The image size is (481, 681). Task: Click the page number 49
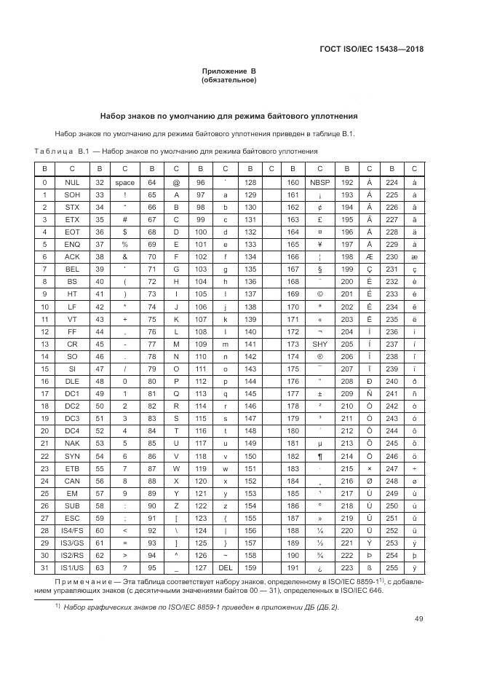pyautogui.click(x=419, y=619)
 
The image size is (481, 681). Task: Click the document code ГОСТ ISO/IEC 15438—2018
pyautogui.click(x=371, y=50)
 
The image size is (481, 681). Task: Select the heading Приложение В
pyautogui.click(x=229, y=71)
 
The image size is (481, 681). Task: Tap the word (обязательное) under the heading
pyautogui.click(x=229, y=80)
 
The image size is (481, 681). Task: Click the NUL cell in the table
pyautogui.click(x=72, y=182)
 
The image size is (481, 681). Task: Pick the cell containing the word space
pyautogui.click(x=125, y=182)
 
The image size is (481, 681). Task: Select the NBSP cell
pyautogui.click(x=319, y=182)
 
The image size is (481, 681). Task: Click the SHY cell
pyautogui.click(x=319, y=344)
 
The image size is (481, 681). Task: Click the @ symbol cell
pyautogui.click(x=176, y=182)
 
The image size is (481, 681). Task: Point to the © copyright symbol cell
pyautogui.click(x=319, y=294)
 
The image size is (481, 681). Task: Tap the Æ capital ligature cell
pyautogui.click(x=370, y=256)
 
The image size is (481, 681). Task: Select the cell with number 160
pyautogui.click(x=293, y=182)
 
